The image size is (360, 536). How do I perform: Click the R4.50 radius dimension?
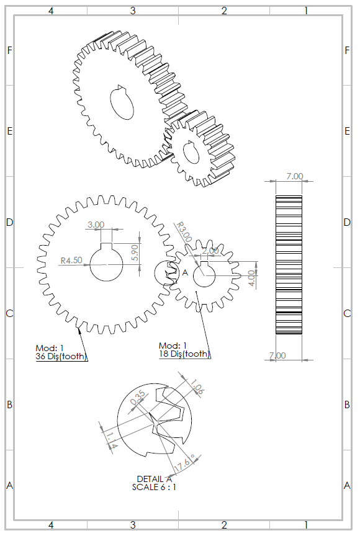coord(71,261)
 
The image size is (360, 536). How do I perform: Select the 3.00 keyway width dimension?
coord(96,225)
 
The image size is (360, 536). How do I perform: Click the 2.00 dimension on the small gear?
coord(210,250)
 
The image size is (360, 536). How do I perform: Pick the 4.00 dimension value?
coord(251,277)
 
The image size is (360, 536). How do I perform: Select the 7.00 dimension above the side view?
coord(295,176)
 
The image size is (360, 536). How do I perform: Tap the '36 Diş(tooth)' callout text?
coord(61,356)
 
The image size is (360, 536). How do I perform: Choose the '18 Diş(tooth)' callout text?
coord(184,354)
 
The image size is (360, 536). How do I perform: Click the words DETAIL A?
coord(155,479)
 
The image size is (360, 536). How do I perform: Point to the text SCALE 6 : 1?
coord(155,487)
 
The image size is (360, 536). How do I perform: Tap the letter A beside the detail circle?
coord(184,272)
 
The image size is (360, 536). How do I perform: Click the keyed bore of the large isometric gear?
coord(122,102)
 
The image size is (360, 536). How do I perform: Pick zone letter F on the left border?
coord(9,50)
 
